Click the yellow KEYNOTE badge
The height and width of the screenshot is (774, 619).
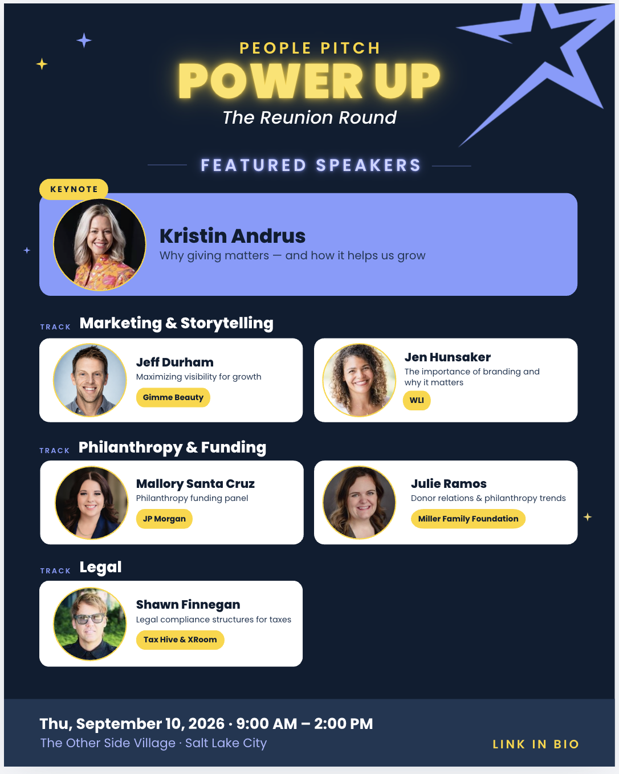(74, 189)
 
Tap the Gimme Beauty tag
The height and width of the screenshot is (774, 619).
(173, 397)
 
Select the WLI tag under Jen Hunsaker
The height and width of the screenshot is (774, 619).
(417, 400)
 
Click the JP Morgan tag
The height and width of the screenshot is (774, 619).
(164, 519)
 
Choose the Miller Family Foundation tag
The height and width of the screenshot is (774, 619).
(468, 519)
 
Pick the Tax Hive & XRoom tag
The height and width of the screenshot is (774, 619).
(180, 640)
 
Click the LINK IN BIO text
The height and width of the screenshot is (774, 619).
(536, 744)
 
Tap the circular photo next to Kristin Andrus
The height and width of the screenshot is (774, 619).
(100, 245)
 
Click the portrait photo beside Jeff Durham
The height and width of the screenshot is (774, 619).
(90, 380)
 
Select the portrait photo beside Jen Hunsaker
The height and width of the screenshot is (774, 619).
(359, 380)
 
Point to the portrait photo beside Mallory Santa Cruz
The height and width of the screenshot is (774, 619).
(91, 503)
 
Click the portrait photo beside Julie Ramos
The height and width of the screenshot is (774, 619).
(359, 503)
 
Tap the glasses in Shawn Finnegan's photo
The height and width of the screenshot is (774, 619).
(88, 618)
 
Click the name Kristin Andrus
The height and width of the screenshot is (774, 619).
(233, 236)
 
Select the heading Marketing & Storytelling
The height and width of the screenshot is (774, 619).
(176, 323)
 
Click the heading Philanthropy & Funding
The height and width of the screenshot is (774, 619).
(172, 447)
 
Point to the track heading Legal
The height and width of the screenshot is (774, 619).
(100, 568)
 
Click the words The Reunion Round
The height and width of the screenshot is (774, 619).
(309, 117)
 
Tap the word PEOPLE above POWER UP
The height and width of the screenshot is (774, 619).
(275, 48)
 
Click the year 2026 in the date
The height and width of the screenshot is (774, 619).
(206, 724)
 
